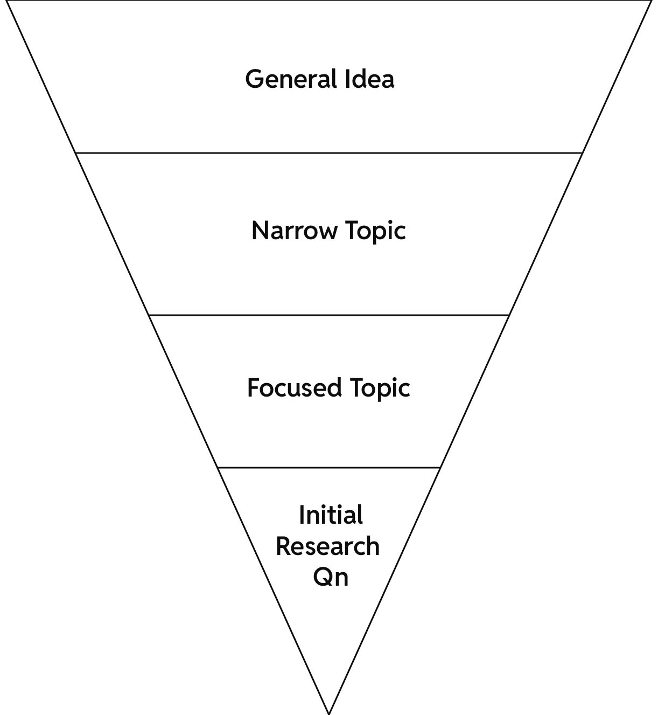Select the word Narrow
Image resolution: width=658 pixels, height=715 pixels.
293,231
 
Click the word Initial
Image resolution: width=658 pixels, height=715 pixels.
331,515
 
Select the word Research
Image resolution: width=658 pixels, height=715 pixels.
328,546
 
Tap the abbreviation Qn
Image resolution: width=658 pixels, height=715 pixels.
331,578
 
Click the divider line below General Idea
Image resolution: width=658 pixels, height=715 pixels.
328,153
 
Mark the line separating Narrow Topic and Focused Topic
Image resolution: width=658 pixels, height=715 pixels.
328,315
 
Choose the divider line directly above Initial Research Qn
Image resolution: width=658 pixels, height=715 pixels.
328,467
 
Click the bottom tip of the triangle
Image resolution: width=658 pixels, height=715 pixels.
328,712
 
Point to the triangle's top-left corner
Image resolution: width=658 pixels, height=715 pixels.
8,2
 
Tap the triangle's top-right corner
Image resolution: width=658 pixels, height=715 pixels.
650,2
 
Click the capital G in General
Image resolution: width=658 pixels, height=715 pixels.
254,79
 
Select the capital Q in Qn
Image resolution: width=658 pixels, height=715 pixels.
323,578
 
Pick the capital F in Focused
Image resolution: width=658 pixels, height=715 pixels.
253,388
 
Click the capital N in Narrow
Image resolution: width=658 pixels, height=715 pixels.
261,231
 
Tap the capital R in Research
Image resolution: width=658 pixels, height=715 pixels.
283,546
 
